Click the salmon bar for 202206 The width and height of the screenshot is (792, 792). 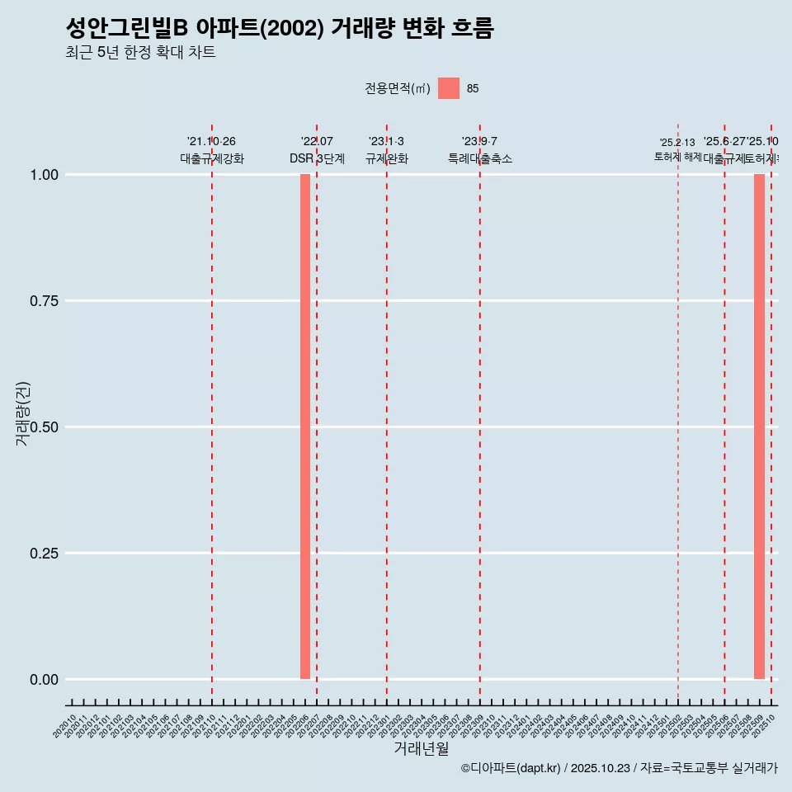pyautogui.click(x=305, y=427)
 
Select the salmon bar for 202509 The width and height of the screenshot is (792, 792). pyautogui.click(x=759, y=427)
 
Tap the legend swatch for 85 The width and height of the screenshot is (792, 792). pyautogui.click(x=449, y=88)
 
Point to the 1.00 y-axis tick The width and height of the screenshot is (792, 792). pyautogui.click(x=44, y=175)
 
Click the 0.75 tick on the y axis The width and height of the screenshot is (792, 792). pyautogui.click(x=44, y=301)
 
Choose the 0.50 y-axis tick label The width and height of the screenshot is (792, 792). pyautogui.click(x=44, y=427)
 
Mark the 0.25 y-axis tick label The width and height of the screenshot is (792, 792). pyautogui.click(x=44, y=554)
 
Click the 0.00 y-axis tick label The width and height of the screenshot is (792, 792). pyautogui.click(x=44, y=680)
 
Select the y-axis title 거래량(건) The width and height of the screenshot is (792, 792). pyautogui.click(x=22, y=414)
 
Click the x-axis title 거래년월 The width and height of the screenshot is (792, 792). pyautogui.click(x=421, y=748)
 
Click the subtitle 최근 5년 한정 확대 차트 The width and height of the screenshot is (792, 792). pyautogui.click(x=140, y=53)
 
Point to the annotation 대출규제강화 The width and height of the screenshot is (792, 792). pyautogui.click(x=212, y=158)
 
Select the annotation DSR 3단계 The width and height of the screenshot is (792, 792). pyautogui.click(x=317, y=158)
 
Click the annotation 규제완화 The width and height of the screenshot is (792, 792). pyautogui.click(x=387, y=158)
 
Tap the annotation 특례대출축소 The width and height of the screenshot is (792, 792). pyautogui.click(x=480, y=158)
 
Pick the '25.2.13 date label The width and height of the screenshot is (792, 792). pyautogui.click(x=677, y=143)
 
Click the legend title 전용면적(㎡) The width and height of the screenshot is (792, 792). pyautogui.click(x=398, y=88)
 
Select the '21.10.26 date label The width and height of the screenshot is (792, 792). pyautogui.click(x=212, y=142)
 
